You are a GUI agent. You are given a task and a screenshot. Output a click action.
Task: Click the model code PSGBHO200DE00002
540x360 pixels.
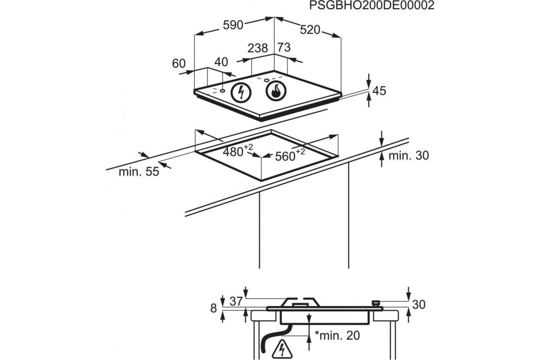(x=372, y=5)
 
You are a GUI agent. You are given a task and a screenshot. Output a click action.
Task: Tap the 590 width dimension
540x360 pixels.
(x=233, y=25)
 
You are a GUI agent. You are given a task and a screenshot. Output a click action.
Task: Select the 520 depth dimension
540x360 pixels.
(x=310, y=30)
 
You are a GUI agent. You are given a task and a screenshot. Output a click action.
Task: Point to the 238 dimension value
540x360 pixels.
(x=258, y=48)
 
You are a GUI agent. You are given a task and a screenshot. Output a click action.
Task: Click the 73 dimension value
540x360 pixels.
(x=284, y=48)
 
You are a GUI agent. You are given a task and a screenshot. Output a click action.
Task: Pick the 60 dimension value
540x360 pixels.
(x=179, y=63)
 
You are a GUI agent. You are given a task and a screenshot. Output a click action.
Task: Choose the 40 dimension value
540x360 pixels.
(x=221, y=62)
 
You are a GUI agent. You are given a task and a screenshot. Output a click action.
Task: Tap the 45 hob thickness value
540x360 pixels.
(x=379, y=91)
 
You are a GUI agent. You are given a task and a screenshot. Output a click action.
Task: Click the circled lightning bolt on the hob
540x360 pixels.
(x=241, y=93)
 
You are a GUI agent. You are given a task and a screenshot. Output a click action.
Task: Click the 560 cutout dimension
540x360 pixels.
(x=290, y=155)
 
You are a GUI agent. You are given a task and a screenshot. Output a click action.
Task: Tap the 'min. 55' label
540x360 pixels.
(x=139, y=172)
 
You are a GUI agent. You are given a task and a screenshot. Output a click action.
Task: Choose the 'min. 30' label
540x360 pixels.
(x=409, y=156)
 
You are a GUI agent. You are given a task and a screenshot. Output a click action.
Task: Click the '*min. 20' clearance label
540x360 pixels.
(x=337, y=335)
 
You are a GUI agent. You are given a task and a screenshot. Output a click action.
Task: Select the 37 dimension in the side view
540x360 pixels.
(x=236, y=301)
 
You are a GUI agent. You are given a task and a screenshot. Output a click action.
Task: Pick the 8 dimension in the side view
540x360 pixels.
(x=214, y=308)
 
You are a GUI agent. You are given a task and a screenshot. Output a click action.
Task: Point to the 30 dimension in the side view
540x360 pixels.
(x=419, y=305)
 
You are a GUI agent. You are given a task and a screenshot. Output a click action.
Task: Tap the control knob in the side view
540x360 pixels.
(x=376, y=303)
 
